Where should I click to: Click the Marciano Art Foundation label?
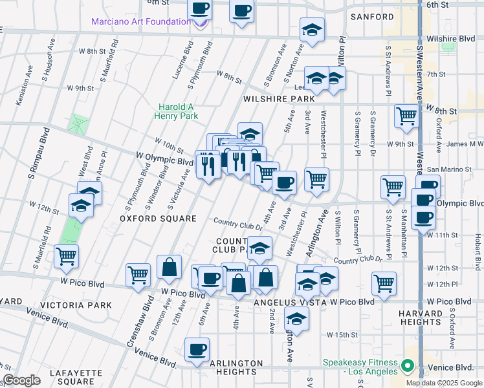141,21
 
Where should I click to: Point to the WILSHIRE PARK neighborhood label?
279,99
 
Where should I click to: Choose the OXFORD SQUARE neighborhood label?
158,219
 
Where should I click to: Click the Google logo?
21,380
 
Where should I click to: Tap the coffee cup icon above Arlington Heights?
197,350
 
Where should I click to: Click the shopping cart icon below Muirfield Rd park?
67,256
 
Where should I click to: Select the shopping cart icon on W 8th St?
406,116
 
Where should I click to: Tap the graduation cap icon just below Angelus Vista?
297,319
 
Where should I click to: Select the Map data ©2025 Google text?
444,383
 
